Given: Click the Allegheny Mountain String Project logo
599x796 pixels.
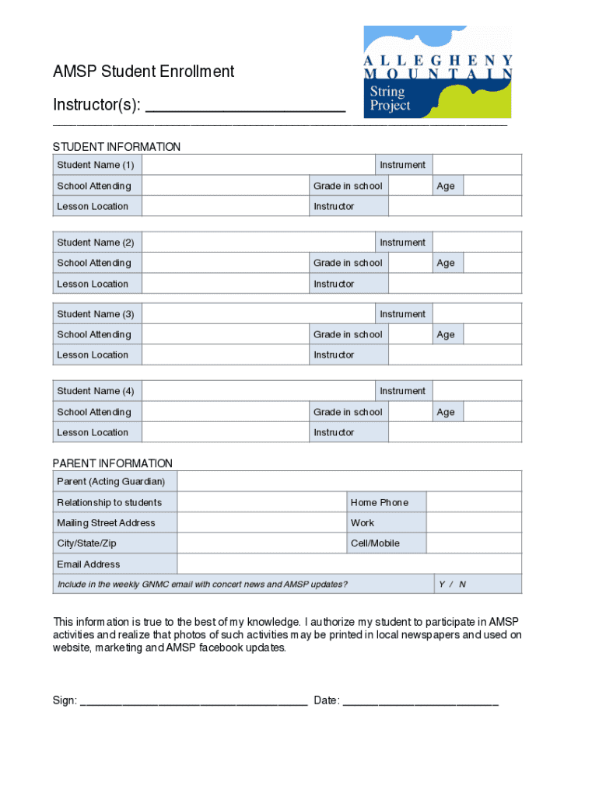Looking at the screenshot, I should pyautogui.click(x=438, y=71).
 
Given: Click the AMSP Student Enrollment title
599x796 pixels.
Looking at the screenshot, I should pyautogui.click(x=143, y=72).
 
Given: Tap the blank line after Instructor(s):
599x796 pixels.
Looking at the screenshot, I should pyautogui.click(x=245, y=106).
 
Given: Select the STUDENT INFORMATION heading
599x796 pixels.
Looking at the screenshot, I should pyautogui.click(x=117, y=147).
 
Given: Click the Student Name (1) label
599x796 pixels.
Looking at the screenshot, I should pyautogui.click(x=96, y=165).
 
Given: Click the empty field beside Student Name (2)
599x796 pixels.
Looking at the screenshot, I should pyautogui.click(x=258, y=243).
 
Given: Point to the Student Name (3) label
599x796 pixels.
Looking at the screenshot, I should pyautogui.click(x=96, y=314).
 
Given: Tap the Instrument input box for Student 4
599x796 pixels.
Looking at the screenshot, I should pyautogui.click(x=476, y=391).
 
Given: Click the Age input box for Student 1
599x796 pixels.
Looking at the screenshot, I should pyautogui.click(x=492, y=186).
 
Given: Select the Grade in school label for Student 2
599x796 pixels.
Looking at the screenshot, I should pyautogui.click(x=348, y=263).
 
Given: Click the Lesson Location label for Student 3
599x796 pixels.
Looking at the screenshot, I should pyautogui.click(x=93, y=354).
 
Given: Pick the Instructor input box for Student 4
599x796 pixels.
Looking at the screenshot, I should pyautogui.click(x=454, y=432).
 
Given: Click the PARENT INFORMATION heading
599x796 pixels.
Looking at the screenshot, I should pyautogui.click(x=113, y=463).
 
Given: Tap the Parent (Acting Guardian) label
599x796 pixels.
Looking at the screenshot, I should pyautogui.click(x=110, y=482).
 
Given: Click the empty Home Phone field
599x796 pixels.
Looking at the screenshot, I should pyautogui.click(x=474, y=502).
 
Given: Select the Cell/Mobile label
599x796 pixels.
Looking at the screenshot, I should pyautogui.click(x=375, y=543).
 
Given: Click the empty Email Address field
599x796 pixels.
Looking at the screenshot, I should pyautogui.click(x=349, y=564).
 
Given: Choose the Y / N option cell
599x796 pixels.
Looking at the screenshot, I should pyautogui.click(x=452, y=584).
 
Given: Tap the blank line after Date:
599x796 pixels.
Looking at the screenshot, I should pyautogui.click(x=420, y=701).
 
